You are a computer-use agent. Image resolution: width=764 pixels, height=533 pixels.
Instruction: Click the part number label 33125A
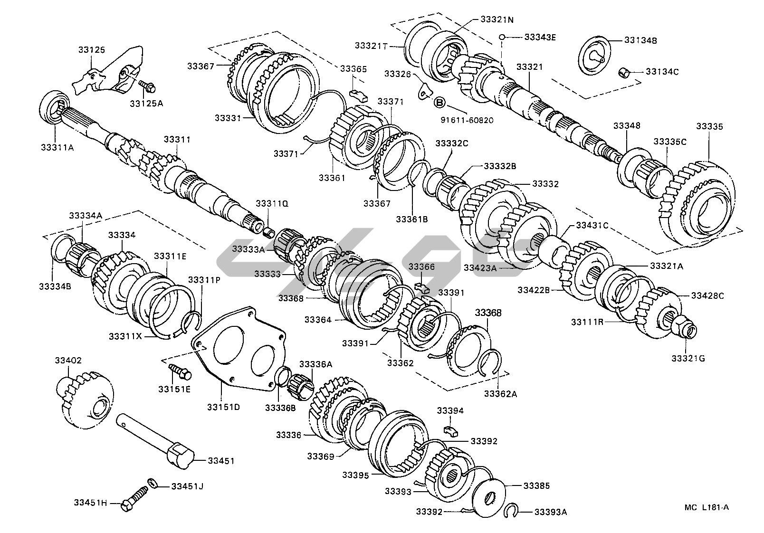[x=146, y=103]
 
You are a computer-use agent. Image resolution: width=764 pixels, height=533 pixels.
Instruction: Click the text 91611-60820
[x=467, y=120]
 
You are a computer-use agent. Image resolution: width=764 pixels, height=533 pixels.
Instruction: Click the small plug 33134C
[x=625, y=73]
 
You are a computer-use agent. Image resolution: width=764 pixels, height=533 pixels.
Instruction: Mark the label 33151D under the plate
[x=223, y=407]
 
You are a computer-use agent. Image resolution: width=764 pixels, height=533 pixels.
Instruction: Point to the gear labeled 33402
[x=86, y=400]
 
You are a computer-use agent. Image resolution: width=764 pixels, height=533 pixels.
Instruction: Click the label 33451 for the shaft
[x=221, y=460]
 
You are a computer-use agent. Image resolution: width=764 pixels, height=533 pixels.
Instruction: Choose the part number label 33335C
[x=670, y=142]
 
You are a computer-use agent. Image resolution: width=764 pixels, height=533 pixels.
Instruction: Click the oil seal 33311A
[x=53, y=109]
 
